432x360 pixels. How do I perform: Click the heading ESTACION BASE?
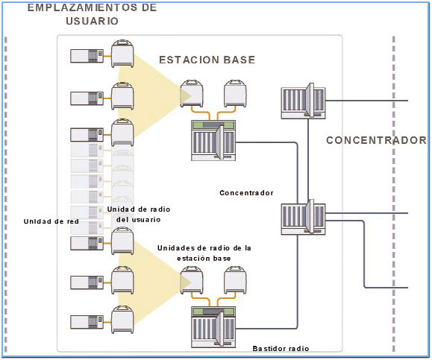pyautogui.click(x=207, y=60)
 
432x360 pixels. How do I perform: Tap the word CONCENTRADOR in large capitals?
pyautogui.click(x=377, y=140)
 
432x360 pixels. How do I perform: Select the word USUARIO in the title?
pyautogui.click(x=92, y=21)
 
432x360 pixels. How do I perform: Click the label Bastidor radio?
pyautogui.click(x=281, y=348)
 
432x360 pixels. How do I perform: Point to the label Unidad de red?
pyautogui.click(x=51, y=221)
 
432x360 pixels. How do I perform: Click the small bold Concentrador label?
pyautogui.click(x=246, y=192)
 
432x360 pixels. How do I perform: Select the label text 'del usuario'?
pyautogui.click(x=138, y=220)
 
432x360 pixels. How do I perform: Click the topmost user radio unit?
pyautogui.click(x=122, y=54)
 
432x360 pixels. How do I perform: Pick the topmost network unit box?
pyautogui.click(x=87, y=56)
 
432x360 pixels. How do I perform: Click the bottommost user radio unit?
pyautogui.click(x=122, y=319)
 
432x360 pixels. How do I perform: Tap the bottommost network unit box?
pyautogui.click(x=87, y=322)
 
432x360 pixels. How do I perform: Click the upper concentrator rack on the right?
pyautogui.click(x=303, y=101)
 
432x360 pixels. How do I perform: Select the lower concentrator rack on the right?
pyautogui.click(x=303, y=218)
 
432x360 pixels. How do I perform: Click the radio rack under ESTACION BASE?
pyautogui.click(x=213, y=140)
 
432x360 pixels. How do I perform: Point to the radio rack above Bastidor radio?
pyautogui.click(x=213, y=327)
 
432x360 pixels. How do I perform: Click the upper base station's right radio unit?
pyautogui.click(x=235, y=94)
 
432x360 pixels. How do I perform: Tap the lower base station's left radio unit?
pyautogui.click(x=192, y=280)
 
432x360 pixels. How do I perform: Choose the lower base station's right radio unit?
pyautogui.click(x=235, y=280)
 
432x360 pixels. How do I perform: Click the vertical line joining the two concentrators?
pyautogui.click(x=308, y=160)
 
